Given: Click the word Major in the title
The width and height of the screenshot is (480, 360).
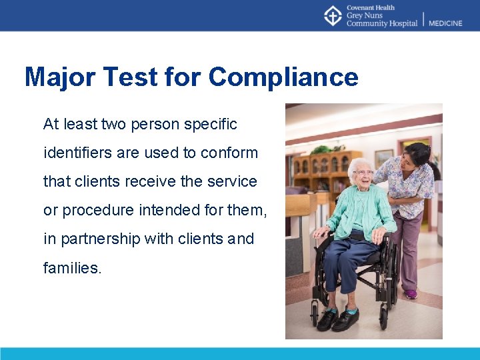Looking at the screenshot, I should [x=61, y=77].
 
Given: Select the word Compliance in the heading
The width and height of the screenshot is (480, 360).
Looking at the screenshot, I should [x=283, y=77].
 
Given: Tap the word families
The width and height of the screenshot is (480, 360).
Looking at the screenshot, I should [x=73, y=268].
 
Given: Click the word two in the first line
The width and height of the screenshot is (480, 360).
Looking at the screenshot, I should [x=114, y=124].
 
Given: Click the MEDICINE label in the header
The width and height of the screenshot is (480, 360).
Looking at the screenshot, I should [x=445, y=23].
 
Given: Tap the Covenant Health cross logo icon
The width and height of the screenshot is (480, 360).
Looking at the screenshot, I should [x=333, y=15].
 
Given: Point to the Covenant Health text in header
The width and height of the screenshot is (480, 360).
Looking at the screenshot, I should [x=371, y=8].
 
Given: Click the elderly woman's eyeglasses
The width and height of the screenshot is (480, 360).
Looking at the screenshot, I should [x=363, y=173].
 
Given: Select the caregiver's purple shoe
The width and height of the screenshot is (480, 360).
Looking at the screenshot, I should [x=411, y=293].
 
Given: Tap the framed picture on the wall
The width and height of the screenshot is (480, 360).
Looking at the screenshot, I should [x=383, y=159].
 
